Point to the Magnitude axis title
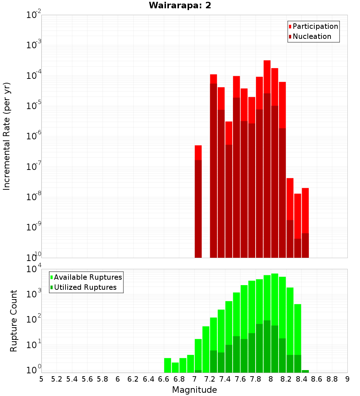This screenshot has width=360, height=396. [194, 390]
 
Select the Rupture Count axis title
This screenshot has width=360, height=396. [14, 321]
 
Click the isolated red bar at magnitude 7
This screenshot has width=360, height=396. [198, 202]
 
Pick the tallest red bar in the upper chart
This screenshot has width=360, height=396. [267, 158]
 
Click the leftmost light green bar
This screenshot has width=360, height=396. [167, 365]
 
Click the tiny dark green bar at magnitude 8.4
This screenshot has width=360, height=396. [305, 371]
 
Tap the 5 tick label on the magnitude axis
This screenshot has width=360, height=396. [41, 379]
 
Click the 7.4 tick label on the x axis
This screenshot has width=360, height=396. [225, 379]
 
